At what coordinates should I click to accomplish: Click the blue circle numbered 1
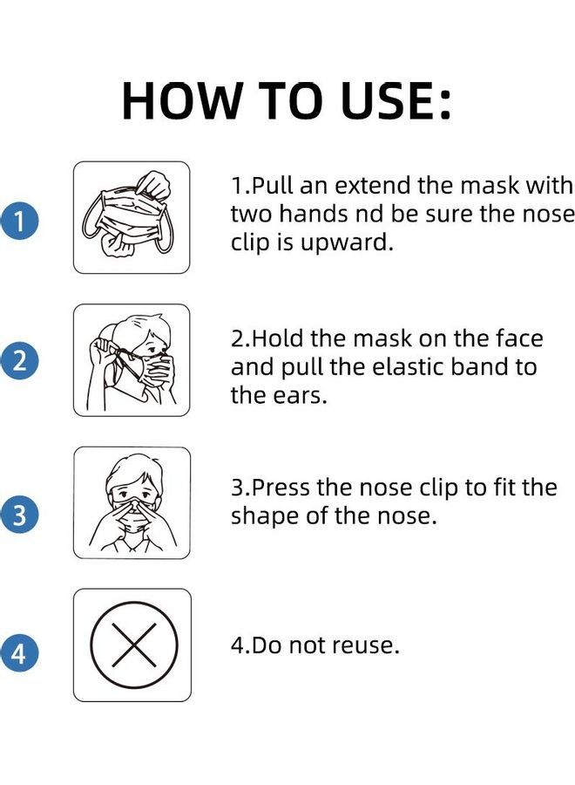20,221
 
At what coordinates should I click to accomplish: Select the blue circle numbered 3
20,515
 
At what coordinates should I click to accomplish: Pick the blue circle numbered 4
20,653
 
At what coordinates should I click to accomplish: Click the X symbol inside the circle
133,645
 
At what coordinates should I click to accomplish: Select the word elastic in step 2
413,366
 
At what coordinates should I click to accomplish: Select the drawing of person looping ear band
132,360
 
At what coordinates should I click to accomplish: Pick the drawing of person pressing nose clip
132,503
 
